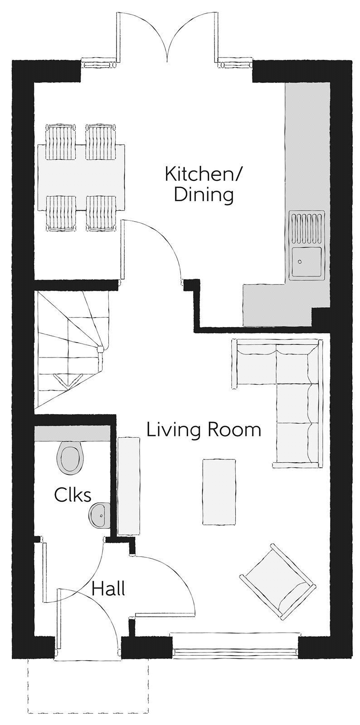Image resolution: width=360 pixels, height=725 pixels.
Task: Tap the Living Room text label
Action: click(x=204, y=430)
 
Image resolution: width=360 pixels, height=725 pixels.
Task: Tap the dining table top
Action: click(x=81, y=177)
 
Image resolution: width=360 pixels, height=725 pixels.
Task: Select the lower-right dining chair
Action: click(x=101, y=213)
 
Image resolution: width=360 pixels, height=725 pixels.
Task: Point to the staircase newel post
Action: click(x=100, y=348)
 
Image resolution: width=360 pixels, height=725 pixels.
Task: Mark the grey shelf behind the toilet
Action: click(x=71, y=433)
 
